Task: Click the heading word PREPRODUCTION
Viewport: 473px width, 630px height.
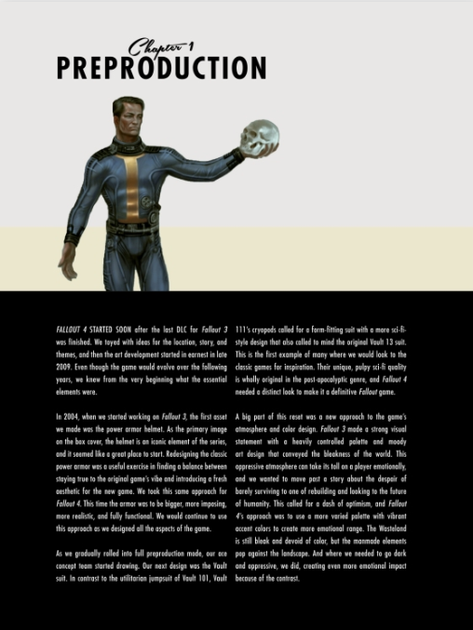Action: [161, 68]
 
